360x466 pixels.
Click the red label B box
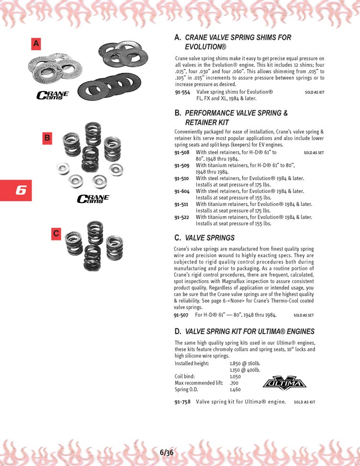click(47, 138)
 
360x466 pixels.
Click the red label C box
click(56, 234)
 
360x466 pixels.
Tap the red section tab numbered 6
click(16, 190)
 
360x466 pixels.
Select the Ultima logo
click(285, 383)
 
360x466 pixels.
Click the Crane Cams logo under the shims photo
click(53, 95)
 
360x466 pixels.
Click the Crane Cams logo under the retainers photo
click(93, 198)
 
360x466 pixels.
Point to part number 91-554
click(183, 92)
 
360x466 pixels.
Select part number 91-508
click(182, 152)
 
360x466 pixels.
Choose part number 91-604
click(182, 191)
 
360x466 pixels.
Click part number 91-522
click(182, 217)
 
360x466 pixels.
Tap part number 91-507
click(182, 315)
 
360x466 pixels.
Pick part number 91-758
click(182, 401)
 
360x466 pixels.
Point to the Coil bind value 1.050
click(235, 376)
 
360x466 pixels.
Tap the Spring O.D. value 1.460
click(235, 389)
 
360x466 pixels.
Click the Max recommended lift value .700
click(234, 383)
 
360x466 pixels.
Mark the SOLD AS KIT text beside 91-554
click(314, 92)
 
